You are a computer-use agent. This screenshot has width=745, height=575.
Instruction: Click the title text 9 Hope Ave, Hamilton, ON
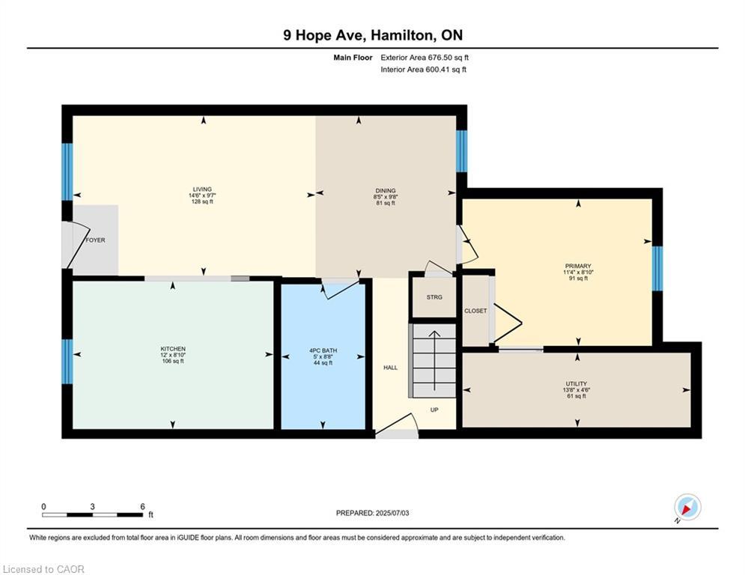[x=372, y=36]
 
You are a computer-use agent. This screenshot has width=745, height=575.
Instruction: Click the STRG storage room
[x=434, y=297]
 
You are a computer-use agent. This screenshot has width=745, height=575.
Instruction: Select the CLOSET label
[x=475, y=311]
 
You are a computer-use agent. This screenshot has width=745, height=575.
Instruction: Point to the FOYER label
[x=95, y=240]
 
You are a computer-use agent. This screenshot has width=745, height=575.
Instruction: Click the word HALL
[x=390, y=367]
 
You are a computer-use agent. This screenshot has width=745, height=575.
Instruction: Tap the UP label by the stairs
[x=434, y=410]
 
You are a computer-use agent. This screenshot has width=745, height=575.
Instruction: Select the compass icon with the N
[x=687, y=508]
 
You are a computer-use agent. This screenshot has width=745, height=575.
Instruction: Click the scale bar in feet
[x=92, y=514]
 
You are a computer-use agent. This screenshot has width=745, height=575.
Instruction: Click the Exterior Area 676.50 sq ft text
[x=425, y=57]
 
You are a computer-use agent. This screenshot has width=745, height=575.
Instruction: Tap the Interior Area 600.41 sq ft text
[x=423, y=70]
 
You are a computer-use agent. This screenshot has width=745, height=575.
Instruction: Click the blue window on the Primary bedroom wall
[x=657, y=268]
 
